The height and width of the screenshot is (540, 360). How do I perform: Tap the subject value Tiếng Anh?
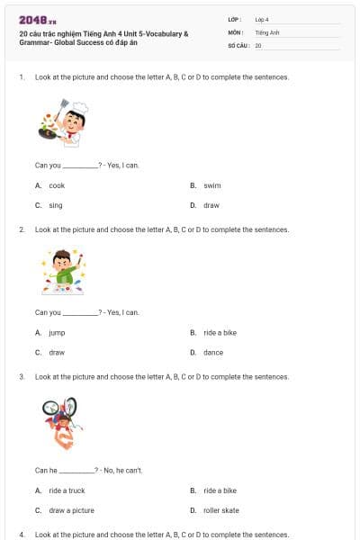point(265,31)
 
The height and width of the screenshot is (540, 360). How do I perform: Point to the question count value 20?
point(258,45)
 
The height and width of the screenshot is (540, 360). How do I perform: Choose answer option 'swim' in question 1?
point(211,185)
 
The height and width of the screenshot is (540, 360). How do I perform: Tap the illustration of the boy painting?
point(63,273)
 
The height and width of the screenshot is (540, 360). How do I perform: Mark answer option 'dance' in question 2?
point(213,352)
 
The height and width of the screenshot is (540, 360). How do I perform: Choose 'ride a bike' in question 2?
point(220,332)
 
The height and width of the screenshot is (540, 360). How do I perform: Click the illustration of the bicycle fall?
point(59,421)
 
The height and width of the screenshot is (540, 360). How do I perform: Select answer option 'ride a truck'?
point(67,490)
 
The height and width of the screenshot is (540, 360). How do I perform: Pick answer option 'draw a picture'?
point(71,510)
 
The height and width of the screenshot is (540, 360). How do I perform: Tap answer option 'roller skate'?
point(220,510)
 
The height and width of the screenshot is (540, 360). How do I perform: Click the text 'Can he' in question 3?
point(46,470)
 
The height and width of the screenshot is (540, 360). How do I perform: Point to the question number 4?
point(22,534)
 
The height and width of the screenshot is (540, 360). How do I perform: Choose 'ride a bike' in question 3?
point(220,490)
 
